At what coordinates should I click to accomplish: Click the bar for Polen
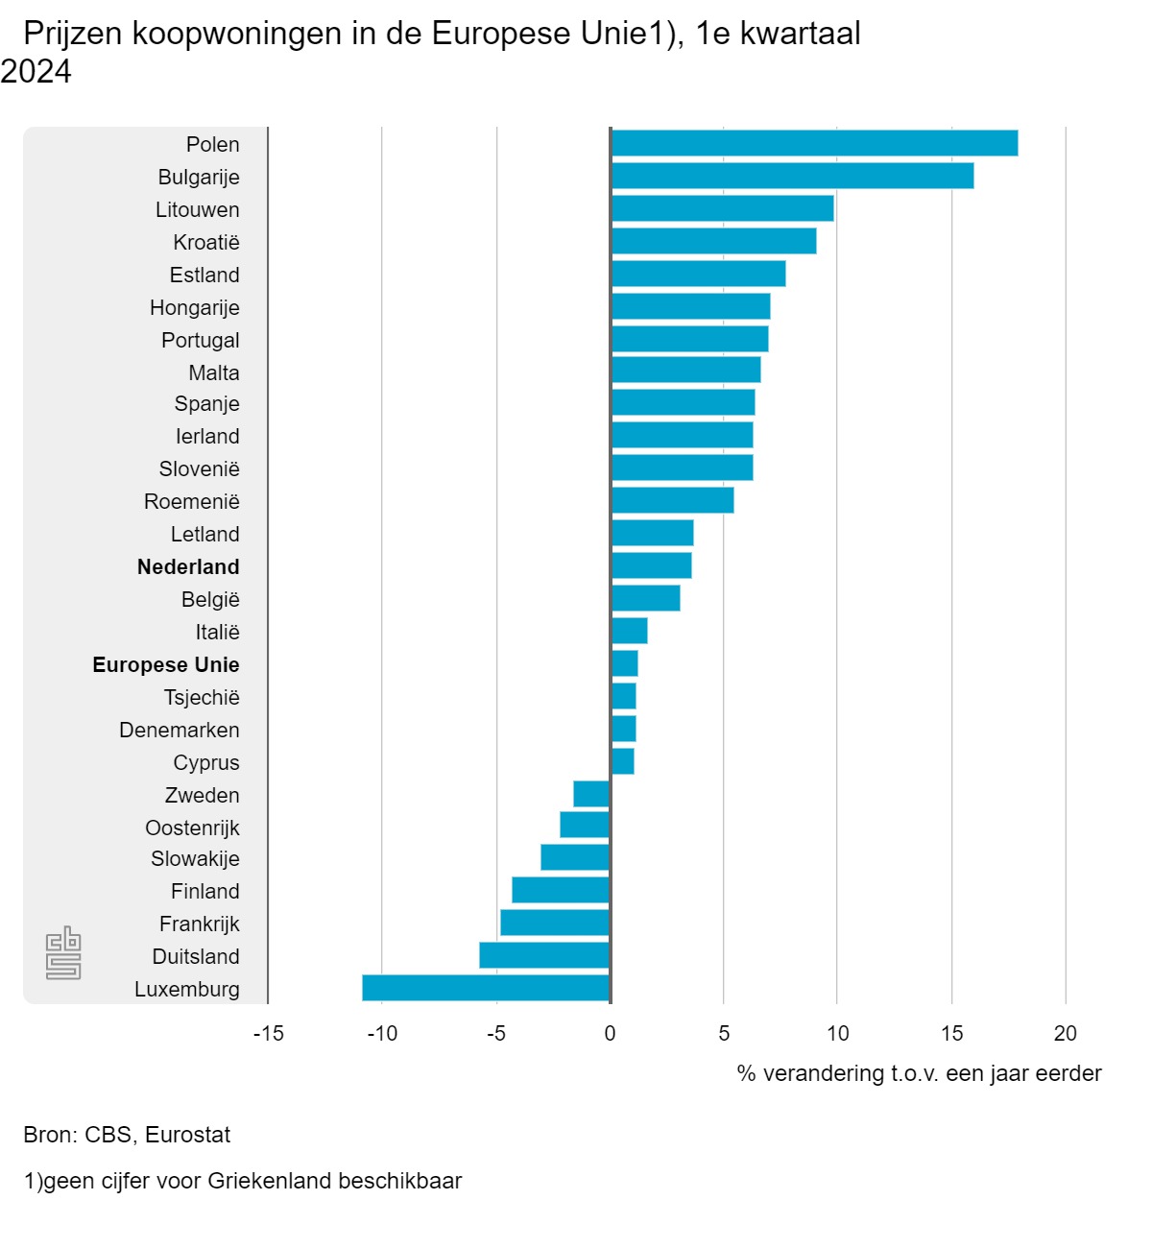coord(814,143)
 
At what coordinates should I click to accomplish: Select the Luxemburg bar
coord(486,988)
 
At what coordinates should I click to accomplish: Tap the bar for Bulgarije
coord(792,176)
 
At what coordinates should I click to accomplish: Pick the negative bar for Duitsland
coord(544,955)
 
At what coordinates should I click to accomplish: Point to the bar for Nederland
coord(651,565)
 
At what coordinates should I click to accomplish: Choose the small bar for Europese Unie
coord(624,663)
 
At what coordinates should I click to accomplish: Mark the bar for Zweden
coord(591,794)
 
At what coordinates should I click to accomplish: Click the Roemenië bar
coord(672,500)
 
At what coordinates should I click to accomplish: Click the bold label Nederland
coord(188,566)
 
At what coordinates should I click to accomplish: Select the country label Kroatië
coord(206,242)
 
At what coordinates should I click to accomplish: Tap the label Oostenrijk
coord(192,828)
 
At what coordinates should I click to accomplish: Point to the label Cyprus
coord(206,762)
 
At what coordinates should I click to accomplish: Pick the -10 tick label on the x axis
coord(382,1033)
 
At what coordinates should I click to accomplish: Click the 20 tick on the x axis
coord(1066,1033)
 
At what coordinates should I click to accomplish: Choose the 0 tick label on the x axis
coord(610,1033)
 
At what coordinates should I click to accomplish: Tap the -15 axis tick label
coord(269,1033)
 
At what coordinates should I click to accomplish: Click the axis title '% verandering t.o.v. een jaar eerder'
coord(919,1073)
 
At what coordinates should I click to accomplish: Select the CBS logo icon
coord(63,953)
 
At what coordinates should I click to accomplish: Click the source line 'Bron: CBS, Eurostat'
coord(127,1135)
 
